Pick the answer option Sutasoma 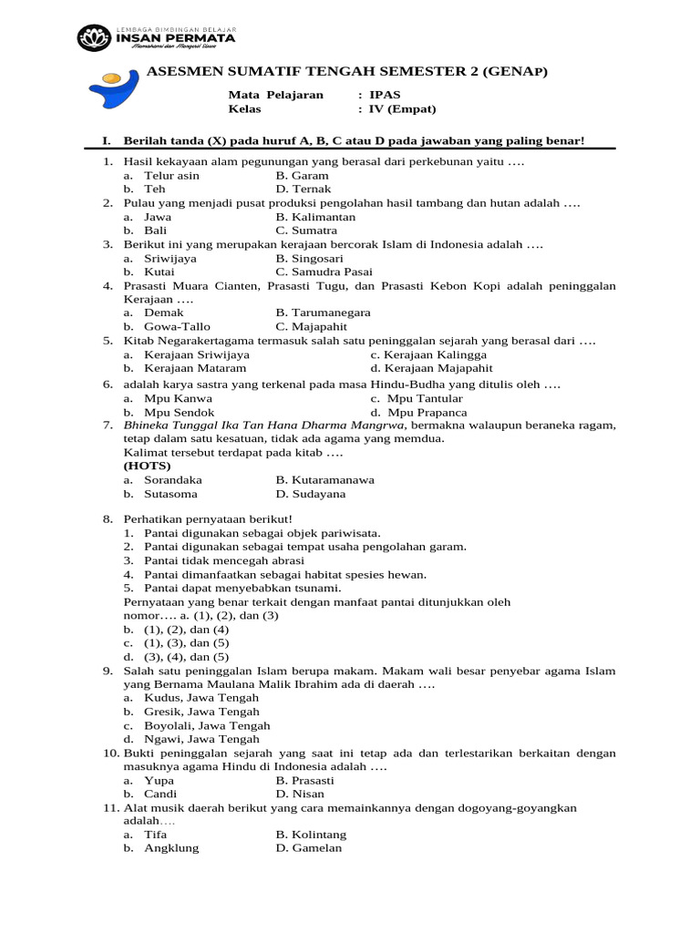172,494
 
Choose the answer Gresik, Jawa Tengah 201,712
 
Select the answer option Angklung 171,848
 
